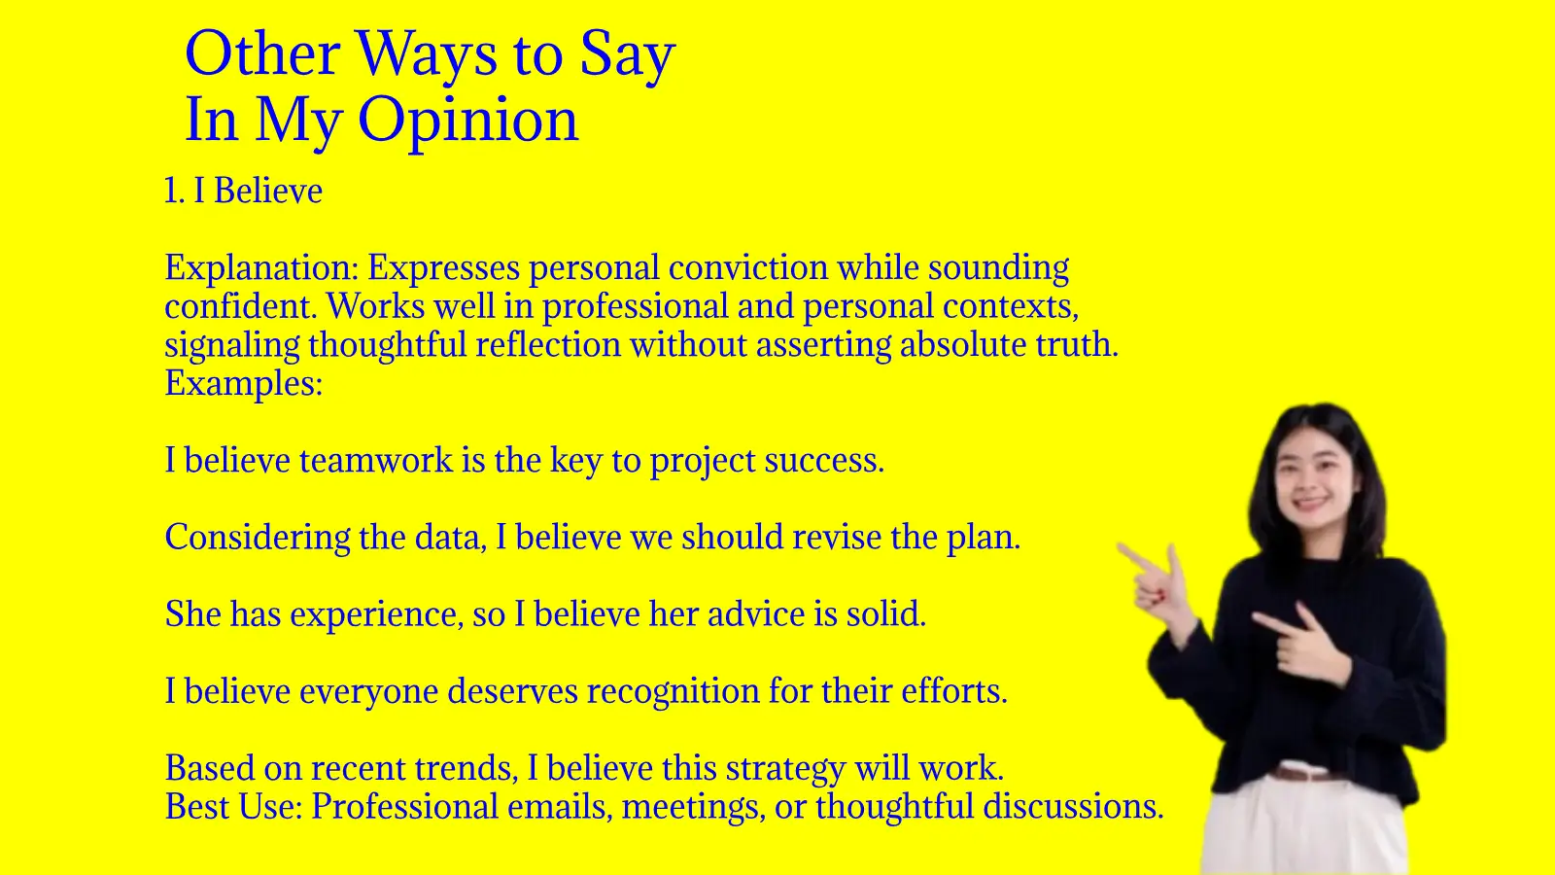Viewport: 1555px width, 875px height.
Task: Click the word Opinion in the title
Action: [467, 121]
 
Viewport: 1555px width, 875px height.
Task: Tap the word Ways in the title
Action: [427, 55]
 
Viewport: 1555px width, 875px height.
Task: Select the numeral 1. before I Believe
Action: [174, 191]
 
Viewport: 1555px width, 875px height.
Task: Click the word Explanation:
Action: [261, 268]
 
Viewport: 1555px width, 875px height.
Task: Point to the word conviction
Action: [748, 267]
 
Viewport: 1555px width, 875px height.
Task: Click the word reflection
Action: [548, 344]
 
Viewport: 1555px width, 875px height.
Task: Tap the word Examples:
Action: [244, 383]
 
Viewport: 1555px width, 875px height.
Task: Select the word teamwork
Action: [376, 461]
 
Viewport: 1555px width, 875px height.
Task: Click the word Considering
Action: [258, 539]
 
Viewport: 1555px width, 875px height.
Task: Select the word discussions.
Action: [1073, 807]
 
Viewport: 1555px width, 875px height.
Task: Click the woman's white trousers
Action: [1305, 826]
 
